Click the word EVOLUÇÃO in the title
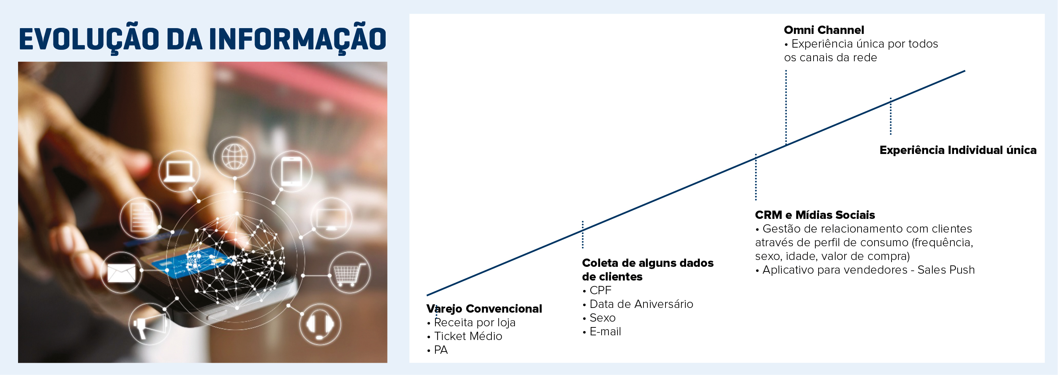tap(89, 39)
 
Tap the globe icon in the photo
tap(234, 157)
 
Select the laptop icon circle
tap(179, 171)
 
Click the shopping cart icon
tap(350, 273)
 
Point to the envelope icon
tap(122, 273)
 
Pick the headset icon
tap(320, 324)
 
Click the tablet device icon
tap(291, 171)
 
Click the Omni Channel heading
tap(824, 30)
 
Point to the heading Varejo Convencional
tap(484, 309)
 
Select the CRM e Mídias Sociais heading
tap(815, 215)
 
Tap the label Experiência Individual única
tap(958, 150)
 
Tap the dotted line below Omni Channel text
tap(786, 107)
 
